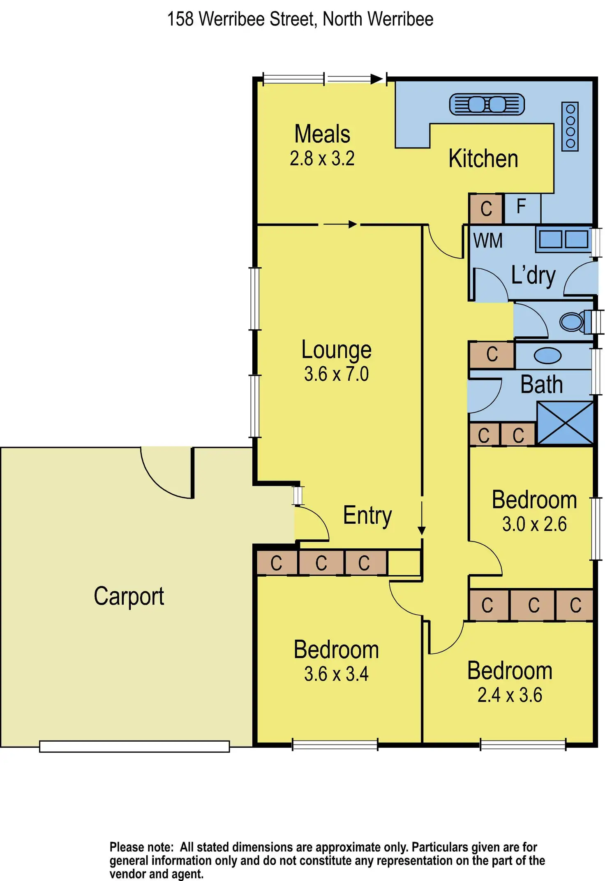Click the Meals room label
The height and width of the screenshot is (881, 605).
point(322,134)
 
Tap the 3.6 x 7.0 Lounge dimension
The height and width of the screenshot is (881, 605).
point(336,374)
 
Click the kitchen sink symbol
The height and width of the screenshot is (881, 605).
point(487,104)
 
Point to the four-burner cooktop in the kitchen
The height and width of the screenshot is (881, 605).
point(570,126)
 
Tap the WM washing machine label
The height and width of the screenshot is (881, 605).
point(488,241)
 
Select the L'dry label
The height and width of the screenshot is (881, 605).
point(533,275)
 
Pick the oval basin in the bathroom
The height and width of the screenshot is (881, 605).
point(547,356)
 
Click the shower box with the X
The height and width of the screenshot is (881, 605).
point(565,423)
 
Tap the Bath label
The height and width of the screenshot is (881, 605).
point(541,385)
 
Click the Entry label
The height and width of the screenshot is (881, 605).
point(367,516)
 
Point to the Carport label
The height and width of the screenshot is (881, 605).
point(129,597)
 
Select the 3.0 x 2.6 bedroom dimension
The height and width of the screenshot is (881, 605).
point(534,524)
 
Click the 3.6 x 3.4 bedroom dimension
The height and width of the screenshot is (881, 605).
point(336,674)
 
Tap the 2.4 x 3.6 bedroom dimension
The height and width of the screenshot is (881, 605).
point(510,695)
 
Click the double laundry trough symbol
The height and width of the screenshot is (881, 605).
point(563,239)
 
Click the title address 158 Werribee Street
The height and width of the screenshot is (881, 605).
point(300,19)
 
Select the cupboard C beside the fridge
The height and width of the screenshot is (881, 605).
point(486,208)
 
